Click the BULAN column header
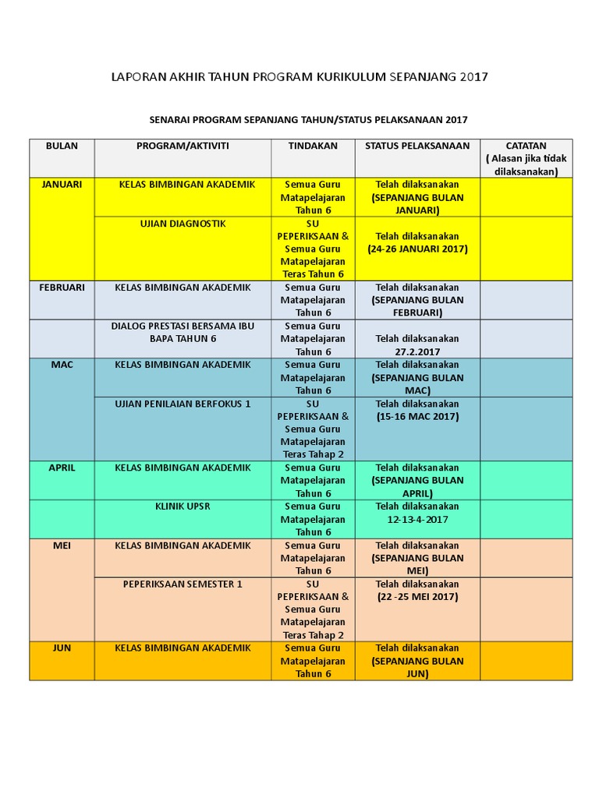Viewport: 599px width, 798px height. pos(62,146)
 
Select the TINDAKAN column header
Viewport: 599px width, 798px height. pos(313,146)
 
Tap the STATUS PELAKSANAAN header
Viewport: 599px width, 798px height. pos(417,146)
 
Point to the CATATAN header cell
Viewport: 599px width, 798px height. pos(526,146)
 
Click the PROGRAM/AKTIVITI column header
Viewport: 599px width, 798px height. pos(183,146)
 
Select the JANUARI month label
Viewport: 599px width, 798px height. pos(62,185)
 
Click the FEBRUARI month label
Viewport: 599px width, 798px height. pos(62,288)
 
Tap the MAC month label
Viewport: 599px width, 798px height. pos(62,365)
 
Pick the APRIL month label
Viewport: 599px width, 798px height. pos(62,468)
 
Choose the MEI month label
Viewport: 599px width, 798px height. pos(62,546)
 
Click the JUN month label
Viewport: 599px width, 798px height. pos(62,648)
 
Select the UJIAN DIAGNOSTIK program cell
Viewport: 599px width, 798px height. pos(183,224)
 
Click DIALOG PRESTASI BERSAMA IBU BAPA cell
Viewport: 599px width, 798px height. pos(183,333)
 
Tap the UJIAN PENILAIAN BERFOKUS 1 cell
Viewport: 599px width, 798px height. pos(183,404)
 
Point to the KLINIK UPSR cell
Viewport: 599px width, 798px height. pos(183,507)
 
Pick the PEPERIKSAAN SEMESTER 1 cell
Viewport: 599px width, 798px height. pos(183,584)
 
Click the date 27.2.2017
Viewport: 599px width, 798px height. pos(417,351)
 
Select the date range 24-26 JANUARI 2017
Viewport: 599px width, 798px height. pos(417,249)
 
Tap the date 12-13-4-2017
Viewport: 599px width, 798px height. pos(417,519)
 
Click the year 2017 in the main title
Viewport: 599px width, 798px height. pos(473,76)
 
